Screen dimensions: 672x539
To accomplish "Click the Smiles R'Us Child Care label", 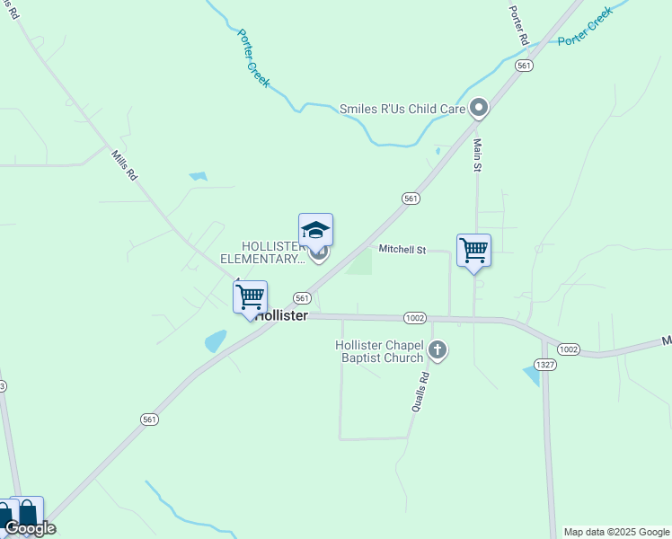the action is coord(402,110).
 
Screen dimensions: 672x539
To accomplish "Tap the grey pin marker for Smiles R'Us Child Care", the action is coord(479,110).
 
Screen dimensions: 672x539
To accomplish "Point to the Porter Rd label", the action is coord(518,26).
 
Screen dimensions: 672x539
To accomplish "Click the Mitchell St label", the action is coord(402,249).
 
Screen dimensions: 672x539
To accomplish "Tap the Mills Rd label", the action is coord(124,167).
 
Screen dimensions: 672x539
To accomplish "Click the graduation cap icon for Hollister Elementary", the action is coord(315,231).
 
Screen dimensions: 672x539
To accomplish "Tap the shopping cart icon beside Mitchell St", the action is coord(473,251).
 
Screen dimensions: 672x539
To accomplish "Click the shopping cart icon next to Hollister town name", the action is coord(250,296).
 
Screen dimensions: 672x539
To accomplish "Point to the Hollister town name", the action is coord(281,316).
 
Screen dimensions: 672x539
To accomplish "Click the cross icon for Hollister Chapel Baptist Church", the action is coord(438,350).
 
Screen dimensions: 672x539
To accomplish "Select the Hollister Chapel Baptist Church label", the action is coord(378,351).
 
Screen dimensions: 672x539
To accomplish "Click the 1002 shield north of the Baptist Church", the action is coord(414,318).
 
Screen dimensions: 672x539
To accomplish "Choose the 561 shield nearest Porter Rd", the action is coord(525,66).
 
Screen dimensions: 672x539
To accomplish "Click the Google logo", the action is coord(30,528).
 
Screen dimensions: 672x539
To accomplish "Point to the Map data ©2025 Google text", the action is coord(616,532).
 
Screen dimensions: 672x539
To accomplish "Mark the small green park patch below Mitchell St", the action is coord(359,262).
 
